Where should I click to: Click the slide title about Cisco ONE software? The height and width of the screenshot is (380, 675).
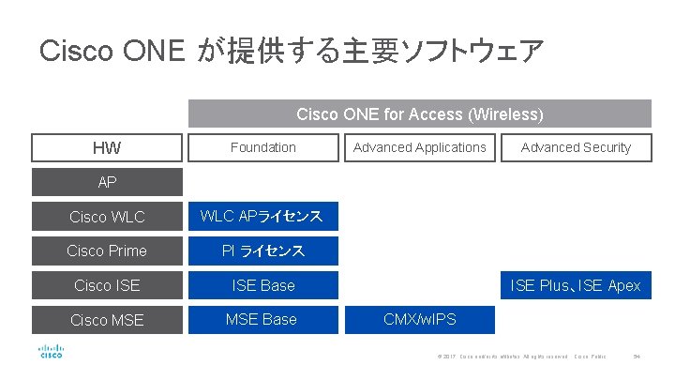point(291,51)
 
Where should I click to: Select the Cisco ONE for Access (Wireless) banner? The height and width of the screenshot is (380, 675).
point(419,114)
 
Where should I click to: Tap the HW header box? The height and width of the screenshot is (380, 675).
point(106,148)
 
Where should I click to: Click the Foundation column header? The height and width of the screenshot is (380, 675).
point(262,147)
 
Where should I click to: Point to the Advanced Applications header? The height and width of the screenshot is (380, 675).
point(419,147)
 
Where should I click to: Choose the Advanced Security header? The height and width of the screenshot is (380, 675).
point(576,147)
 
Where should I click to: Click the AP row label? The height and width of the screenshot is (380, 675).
point(106,182)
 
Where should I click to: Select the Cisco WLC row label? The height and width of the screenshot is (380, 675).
point(106,217)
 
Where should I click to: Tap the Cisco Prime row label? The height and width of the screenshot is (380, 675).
point(106,251)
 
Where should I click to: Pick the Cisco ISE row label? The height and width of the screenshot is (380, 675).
point(106,285)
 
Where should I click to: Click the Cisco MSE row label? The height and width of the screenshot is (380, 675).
point(106,320)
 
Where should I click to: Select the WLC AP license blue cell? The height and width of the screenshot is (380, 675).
point(262,217)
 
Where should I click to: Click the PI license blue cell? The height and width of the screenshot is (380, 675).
point(262,251)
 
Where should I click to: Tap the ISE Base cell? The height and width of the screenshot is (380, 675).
point(262,285)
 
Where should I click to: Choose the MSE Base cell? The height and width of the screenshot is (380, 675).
point(262,319)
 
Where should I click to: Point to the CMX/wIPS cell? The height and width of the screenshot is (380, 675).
point(419,319)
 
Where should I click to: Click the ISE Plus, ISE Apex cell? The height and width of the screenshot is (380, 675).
point(576,285)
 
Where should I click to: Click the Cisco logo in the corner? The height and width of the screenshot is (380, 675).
point(51,351)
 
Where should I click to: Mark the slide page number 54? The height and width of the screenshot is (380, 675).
point(636,357)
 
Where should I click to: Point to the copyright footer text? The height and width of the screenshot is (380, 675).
point(502,357)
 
